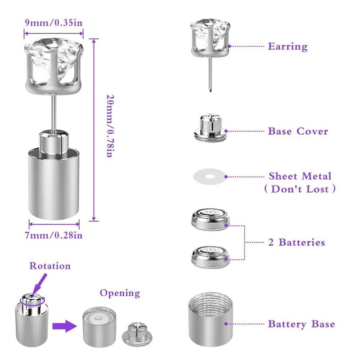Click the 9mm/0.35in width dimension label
54,22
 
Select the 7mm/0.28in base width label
54,234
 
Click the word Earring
288,46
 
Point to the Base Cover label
298,131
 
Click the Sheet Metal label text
300,176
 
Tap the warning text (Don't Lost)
300,189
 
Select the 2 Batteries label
297,243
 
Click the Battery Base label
301,324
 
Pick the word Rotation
50,265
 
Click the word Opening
120,293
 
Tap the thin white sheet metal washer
209,176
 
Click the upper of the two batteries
209,218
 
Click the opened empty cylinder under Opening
99,326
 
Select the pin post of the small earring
210,74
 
